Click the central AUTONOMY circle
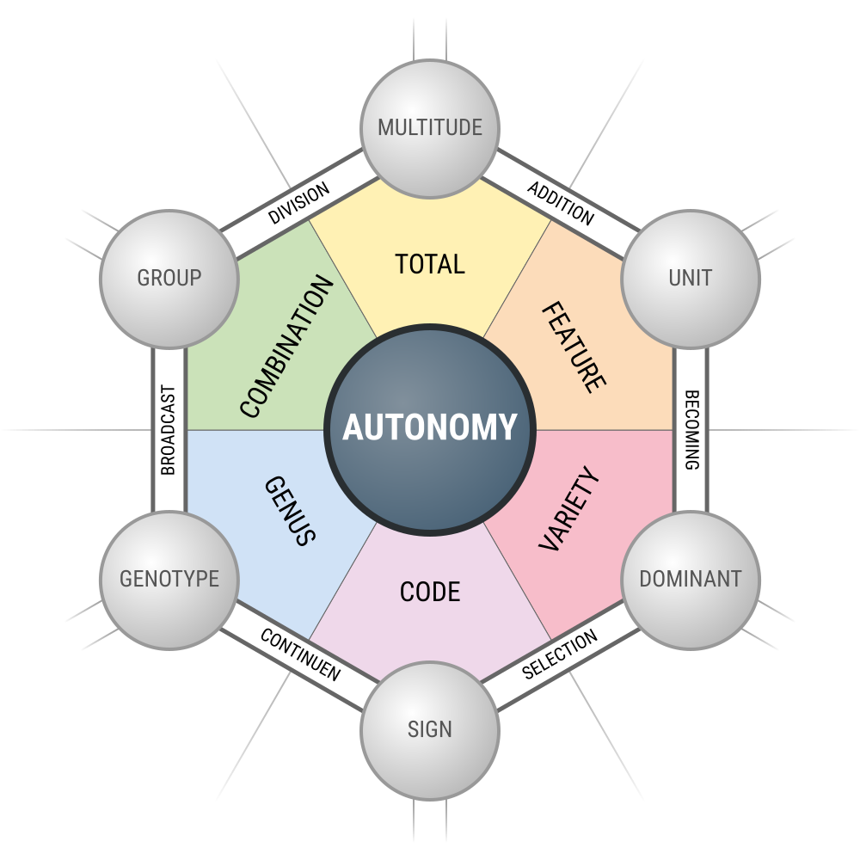click(430, 429)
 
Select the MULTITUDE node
click(430, 129)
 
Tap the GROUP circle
click(169, 279)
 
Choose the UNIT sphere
click(691, 279)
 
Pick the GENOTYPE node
click(169, 580)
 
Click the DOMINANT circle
click(691, 580)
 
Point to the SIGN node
click(430, 730)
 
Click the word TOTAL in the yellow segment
click(430, 264)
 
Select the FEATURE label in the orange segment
click(574, 347)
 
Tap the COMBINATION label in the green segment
click(286, 347)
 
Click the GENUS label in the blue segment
click(290, 511)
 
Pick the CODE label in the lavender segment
click(430, 592)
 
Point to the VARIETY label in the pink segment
click(569, 508)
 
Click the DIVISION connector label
click(299, 203)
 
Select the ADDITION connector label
click(561, 204)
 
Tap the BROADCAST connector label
click(169, 430)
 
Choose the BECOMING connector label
click(691, 430)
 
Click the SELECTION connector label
click(560, 654)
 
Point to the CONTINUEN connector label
click(300, 654)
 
